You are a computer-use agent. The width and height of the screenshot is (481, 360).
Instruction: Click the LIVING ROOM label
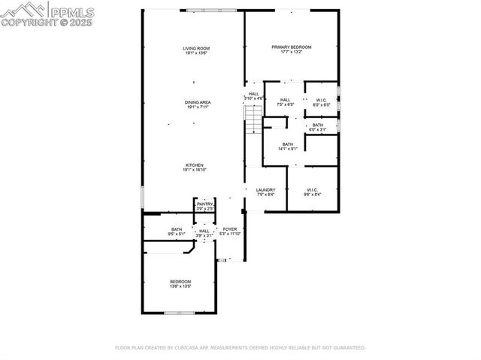pyautogui.click(x=195, y=49)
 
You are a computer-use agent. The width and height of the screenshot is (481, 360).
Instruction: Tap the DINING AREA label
pyautogui.click(x=198, y=102)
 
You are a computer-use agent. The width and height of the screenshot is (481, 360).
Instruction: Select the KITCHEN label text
pyautogui.click(x=195, y=165)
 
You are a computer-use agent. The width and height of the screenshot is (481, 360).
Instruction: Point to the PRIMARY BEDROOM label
pyautogui.click(x=291, y=47)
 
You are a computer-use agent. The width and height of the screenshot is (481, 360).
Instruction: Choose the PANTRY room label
pyautogui.click(x=204, y=204)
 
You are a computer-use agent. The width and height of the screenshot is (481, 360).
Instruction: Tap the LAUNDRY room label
pyautogui.click(x=265, y=189)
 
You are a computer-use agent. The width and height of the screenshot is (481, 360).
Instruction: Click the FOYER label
pyautogui.click(x=230, y=229)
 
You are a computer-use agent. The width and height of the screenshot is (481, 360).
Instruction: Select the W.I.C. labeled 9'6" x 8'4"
pyautogui.click(x=313, y=189)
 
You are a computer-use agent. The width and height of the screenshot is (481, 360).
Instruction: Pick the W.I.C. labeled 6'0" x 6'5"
pyautogui.click(x=321, y=99)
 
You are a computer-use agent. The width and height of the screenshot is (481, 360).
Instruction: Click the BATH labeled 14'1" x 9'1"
pyautogui.click(x=288, y=144)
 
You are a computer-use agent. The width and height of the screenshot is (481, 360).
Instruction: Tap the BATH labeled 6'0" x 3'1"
pyautogui.click(x=318, y=126)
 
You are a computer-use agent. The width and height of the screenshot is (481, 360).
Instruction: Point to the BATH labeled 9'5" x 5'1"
pyautogui.click(x=177, y=229)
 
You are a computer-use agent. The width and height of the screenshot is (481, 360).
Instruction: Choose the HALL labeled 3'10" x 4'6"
pyautogui.click(x=253, y=94)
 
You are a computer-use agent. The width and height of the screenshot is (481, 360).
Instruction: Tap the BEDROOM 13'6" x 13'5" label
pyautogui.click(x=180, y=282)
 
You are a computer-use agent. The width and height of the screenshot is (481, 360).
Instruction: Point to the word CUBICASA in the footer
pyautogui.click(x=193, y=348)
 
